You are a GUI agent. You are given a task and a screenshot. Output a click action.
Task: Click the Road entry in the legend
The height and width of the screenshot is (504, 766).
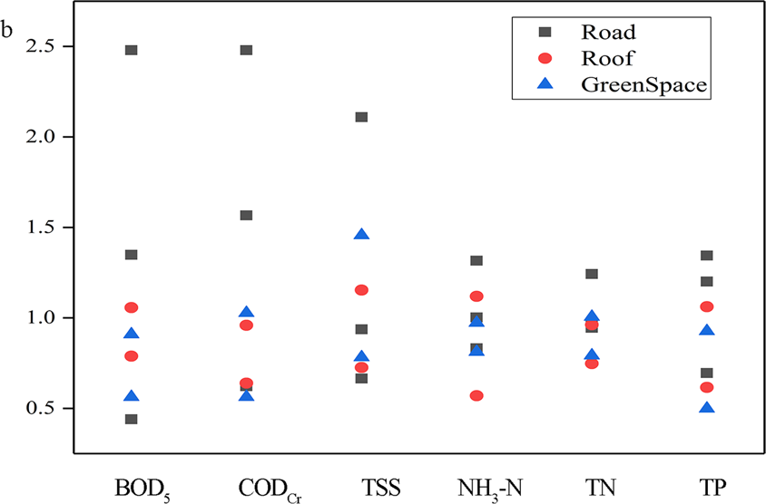(x=608, y=33)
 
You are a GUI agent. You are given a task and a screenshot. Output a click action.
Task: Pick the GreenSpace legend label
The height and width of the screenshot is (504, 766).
(x=643, y=85)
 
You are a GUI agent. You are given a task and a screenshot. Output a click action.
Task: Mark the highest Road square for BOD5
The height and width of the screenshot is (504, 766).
(x=132, y=50)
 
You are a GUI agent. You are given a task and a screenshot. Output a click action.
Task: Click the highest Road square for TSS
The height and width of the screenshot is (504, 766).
(x=361, y=117)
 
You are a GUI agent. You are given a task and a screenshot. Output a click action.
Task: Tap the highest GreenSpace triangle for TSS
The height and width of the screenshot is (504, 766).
(x=361, y=235)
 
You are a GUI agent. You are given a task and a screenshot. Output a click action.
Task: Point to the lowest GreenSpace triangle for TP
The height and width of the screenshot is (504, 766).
(x=707, y=408)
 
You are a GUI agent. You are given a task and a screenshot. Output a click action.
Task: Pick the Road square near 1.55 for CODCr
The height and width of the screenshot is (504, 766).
(x=246, y=216)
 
